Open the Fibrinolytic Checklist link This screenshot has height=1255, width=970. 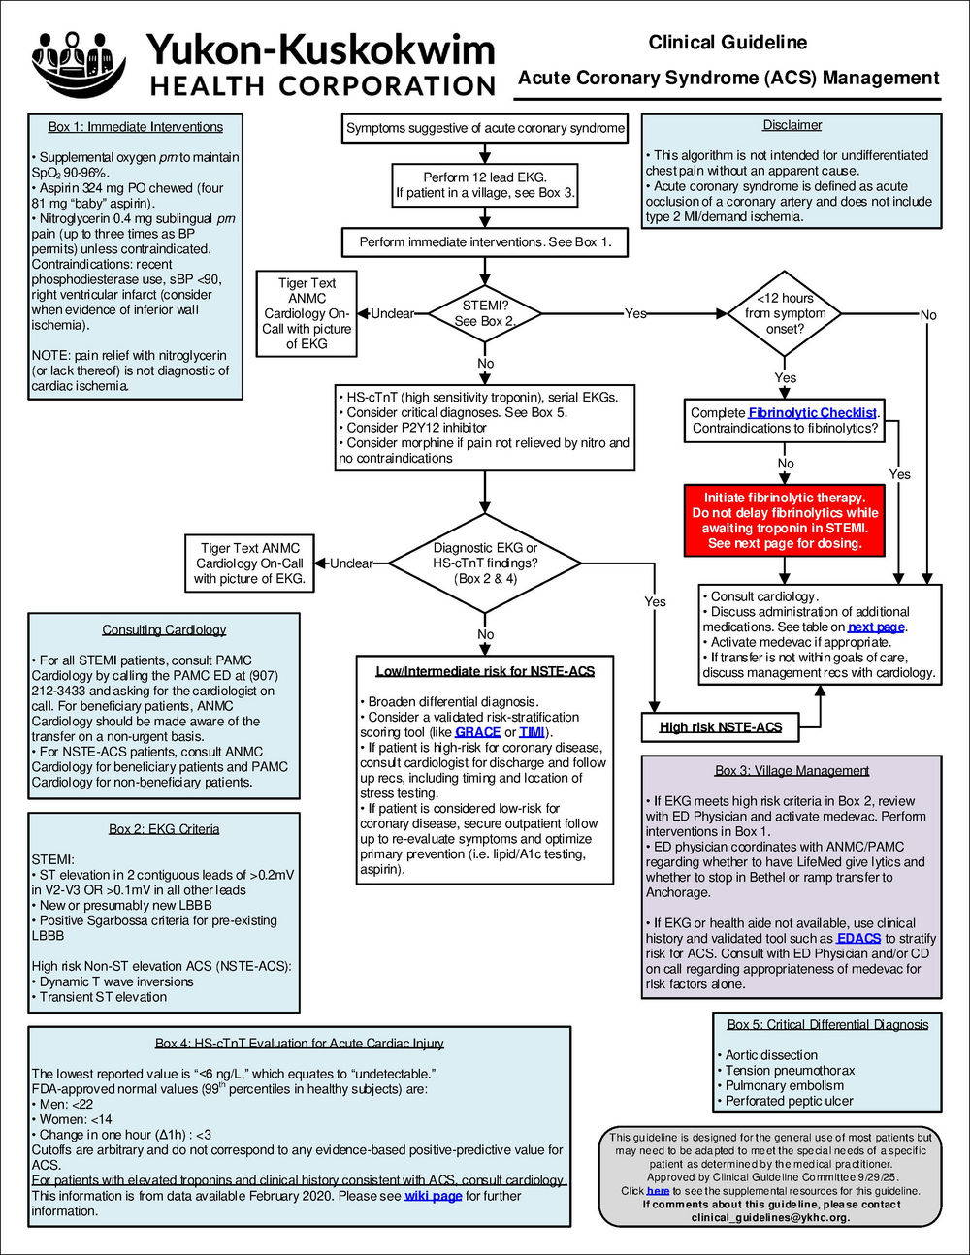[813, 413]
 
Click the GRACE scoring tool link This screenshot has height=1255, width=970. [477, 732]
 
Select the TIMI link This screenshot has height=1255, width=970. [532, 732]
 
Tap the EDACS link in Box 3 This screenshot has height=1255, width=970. [858, 939]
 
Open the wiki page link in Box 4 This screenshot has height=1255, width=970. [433, 1196]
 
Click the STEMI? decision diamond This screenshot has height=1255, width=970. [485, 313]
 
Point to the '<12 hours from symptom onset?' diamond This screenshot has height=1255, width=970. [784, 313]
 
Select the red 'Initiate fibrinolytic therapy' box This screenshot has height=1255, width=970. [784, 521]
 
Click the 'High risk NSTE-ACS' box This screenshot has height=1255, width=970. [721, 727]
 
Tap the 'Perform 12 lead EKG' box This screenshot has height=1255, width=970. [485, 185]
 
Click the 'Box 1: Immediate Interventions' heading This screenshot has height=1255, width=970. [136, 127]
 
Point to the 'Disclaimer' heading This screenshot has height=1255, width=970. [792, 125]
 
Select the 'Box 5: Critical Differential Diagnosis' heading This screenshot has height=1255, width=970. [827, 1024]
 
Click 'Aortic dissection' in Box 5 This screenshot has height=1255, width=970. [771, 1055]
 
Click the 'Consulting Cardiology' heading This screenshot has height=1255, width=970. [164, 630]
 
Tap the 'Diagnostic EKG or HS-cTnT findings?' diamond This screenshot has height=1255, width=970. [485, 563]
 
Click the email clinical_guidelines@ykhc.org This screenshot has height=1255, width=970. [770, 1217]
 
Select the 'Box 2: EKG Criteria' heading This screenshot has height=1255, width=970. [164, 829]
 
